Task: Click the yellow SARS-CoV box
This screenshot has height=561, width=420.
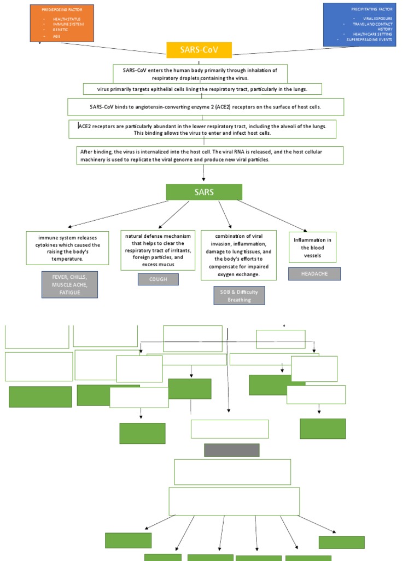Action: [x=199, y=50]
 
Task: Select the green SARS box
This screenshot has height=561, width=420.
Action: [x=204, y=192]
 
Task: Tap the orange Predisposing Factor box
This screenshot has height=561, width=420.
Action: [x=62, y=23]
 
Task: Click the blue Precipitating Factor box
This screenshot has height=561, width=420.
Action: [x=359, y=24]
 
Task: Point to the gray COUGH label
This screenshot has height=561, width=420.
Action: [x=158, y=279]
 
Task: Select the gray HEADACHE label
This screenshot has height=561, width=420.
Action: [x=314, y=274]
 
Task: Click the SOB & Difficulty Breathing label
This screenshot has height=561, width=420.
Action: [x=239, y=296]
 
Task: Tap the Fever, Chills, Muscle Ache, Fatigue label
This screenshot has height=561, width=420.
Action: [x=69, y=284]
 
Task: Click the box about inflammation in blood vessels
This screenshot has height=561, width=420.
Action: [x=312, y=248]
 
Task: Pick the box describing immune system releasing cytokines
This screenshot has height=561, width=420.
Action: [x=65, y=248]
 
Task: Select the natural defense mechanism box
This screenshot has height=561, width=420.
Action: [x=157, y=250]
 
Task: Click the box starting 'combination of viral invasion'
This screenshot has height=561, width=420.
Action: [x=239, y=255]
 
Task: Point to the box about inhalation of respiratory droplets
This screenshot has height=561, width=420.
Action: [x=200, y=74]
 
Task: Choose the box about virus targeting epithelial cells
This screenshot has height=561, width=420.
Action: [x=202, y=89]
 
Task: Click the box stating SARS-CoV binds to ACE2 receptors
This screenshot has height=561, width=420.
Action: [x=206, y=107]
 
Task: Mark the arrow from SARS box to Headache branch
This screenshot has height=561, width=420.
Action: [x=272, y=215]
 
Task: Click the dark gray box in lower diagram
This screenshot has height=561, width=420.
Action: [x=232, y=450]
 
